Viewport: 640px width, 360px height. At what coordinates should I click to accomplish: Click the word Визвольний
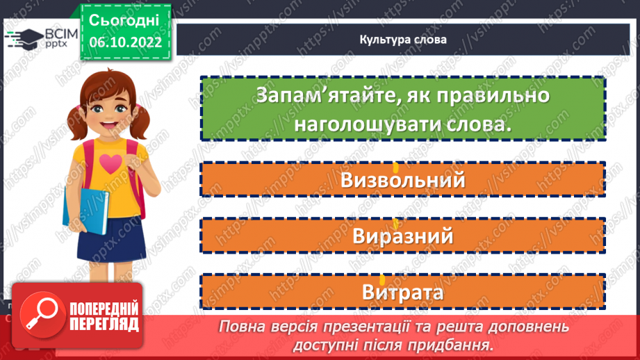[402, 181]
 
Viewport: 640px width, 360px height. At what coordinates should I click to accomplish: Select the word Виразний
[402, 236]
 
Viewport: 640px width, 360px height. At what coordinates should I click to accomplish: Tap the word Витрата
[402, 293]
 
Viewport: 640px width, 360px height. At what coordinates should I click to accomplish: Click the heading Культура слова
[403, 40]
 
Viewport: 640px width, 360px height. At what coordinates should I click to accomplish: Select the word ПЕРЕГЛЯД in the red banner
[104, 324]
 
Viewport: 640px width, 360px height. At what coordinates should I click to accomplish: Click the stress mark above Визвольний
[395, 167]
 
